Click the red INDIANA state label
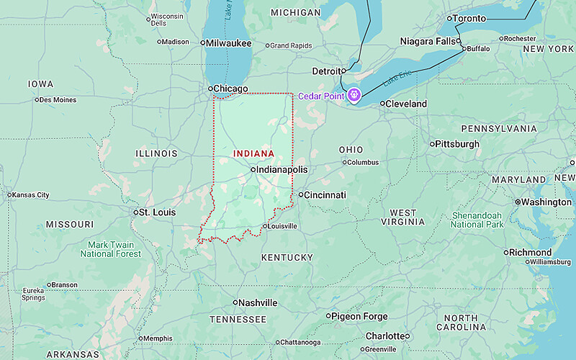point(253,153)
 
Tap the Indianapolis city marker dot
point(253,169)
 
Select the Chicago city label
point(230,89)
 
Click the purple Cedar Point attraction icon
point(354,95)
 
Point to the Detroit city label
point(328,71)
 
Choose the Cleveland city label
point(406,104)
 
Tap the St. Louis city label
point(157,212)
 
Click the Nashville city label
point(258,303)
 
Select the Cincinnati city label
point(325,195)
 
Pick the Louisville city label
point(283,226)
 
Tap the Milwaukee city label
point(230,43)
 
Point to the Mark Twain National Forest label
point(111,249)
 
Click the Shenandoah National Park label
point(477,220)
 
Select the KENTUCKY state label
point(287,258)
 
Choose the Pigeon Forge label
point(360,316)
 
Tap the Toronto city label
point(469,18)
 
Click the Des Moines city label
point(58,100)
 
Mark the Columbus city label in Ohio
point(362,163)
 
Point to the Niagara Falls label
point(428,42)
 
